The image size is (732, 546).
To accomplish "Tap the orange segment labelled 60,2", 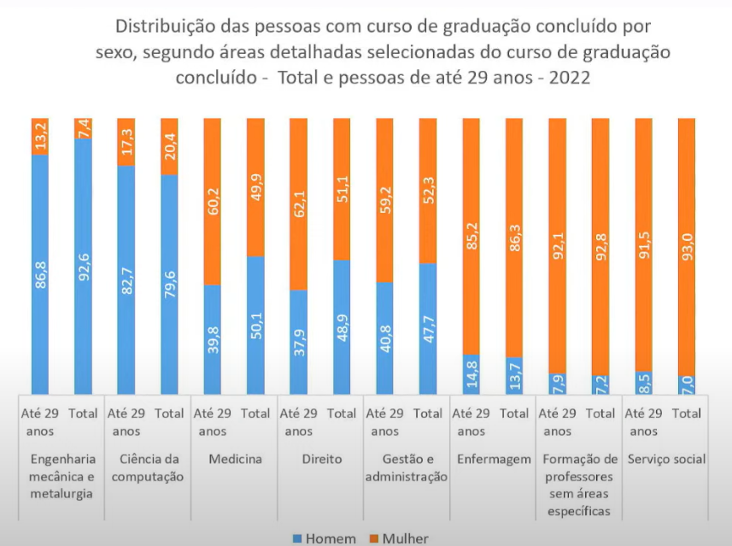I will tap(213, 201).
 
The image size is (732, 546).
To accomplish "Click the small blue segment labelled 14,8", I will tap(471, 373).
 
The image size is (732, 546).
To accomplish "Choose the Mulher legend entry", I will tap(399, 539).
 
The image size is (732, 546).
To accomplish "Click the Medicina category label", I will tap(235, 460).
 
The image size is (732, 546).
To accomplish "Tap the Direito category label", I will tap(321, 460).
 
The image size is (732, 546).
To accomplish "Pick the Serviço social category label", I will tap(666, 460).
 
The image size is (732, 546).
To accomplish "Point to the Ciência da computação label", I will tap(148, 468).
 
